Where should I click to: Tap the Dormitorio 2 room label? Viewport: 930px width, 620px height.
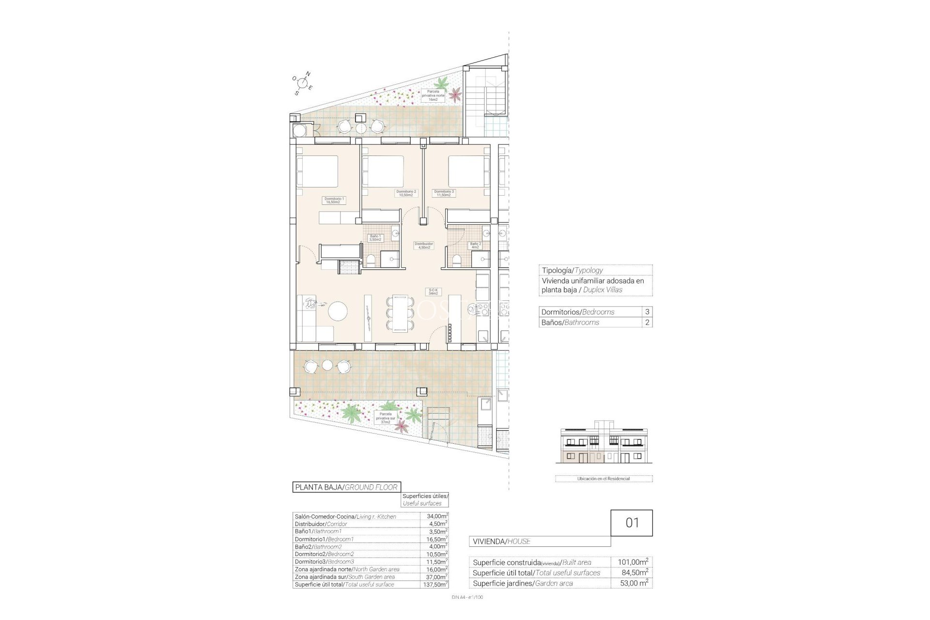pyautogui.click(x=406, y=193)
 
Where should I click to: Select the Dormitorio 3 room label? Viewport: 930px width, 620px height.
pyautogui.click(x=444, y=193)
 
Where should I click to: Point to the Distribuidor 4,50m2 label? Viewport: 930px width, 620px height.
pyautogui.click(x=423, y=245)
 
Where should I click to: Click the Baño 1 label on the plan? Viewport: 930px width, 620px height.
pyautogui.click(x=375, y=237)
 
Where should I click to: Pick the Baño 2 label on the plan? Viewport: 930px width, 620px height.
pyautogui.click(x=475, y=245)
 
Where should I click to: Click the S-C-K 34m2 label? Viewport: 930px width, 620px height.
pyautogui.click(x=433, y=291)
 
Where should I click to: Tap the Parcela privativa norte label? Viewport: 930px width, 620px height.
pyautogui.click(x=433, y=95)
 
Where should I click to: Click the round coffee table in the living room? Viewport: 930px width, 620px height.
pyautogui.click(x=338, y=310)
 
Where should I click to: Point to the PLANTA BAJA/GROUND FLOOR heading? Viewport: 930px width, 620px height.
pyautogui.click(x=346, y=487)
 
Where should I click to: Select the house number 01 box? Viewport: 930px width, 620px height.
pyautogui.click(x=632, y=523)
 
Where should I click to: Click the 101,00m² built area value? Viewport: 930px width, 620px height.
pyautogui.click(x=633, y=562)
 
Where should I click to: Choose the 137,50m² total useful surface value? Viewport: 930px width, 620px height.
pyautogui.click(x=434, y=585)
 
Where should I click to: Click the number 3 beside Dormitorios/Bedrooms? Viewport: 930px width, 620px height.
pyautogui.click(x=647, y=312)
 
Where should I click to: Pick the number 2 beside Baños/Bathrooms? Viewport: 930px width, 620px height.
pyautogui.click(x=647, y=323)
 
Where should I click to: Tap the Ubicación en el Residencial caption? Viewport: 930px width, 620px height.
pyautogui.click(x=604, y=479)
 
